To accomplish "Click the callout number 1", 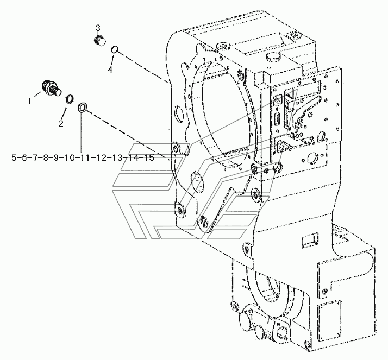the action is (x=29, y=101).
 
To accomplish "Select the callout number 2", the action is (x=61, y=123).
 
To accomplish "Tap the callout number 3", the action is (x=98, y=28).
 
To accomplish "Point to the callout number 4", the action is (x=110, y=70).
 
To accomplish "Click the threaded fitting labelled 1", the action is (x=51, y=89).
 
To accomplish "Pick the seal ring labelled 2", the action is (x=70, y=99).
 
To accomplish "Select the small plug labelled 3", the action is (x=100, y=41).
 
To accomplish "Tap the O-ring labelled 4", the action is (x=114, y=50).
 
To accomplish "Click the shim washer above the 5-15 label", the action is (x=83, y=108).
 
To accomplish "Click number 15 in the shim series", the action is (x=149, y=157).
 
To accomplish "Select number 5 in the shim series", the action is (x=14, y=157).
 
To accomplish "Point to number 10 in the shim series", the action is (x=69, y=157).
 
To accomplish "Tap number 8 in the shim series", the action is (x=46, y=157).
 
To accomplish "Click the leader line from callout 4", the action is (x=112, y=60).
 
